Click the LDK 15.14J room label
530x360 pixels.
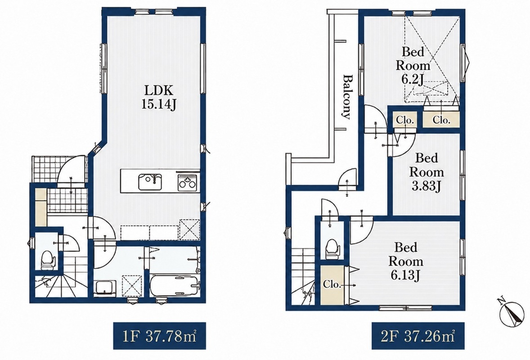click(x=158, y=97)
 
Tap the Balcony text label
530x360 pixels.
click(x=346, y=97)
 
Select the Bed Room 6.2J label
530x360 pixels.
click(x=413, y=66)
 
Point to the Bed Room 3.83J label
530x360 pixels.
click(x=427, y=172)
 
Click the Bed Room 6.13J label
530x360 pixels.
click(x=406, y=261)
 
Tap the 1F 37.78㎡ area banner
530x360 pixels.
click(x=160, y=336)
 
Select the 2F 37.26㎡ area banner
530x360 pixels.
click(x=418, y=336)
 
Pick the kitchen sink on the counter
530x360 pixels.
click(x=150, y=181)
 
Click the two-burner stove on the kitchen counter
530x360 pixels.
click(x=187, y=182)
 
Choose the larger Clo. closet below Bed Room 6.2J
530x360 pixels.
click(x=441, y=120)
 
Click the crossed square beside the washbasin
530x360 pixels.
click(x=132, y=286)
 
